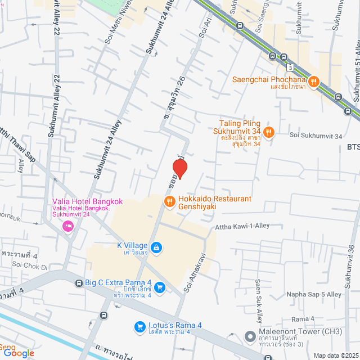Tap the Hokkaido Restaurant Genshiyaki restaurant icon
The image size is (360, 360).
point(169,201)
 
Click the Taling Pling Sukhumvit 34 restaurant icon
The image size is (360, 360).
point(269,132)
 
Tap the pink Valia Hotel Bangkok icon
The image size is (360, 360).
point(68,226)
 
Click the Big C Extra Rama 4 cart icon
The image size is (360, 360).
point(160,287)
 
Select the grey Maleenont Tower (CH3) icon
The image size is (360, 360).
point(250,336)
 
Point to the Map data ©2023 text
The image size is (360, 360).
point(335,355)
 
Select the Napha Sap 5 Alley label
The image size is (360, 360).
point(318,294)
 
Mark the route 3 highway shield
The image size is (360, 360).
point(290,67)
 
